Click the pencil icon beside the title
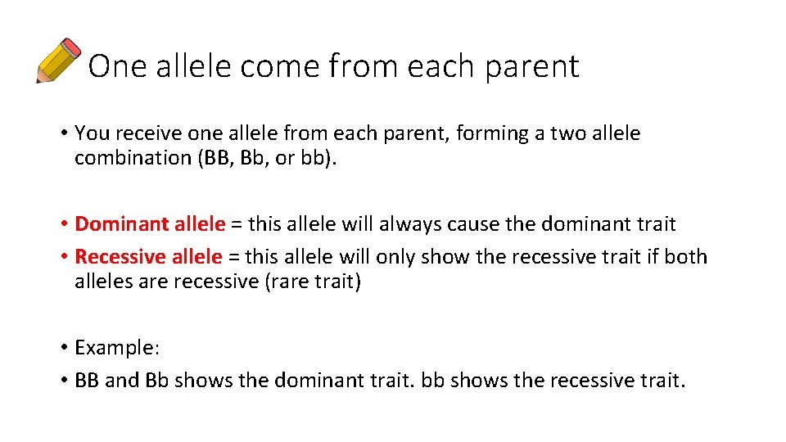pos(59,61)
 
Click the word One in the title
pos(111,66)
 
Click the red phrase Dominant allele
pos(150,223)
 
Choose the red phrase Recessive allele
pos(148,257)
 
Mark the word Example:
pos(117,348)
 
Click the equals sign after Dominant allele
pos(236,224)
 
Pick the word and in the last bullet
pos(122,381)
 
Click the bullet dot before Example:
pos(63,348)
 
